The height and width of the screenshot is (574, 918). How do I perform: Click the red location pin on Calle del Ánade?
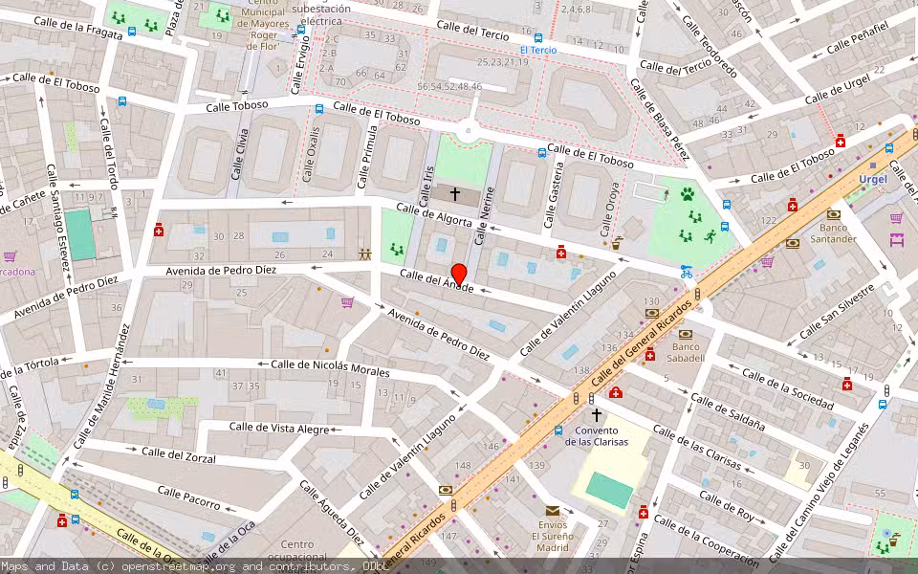click(x=458, y=275)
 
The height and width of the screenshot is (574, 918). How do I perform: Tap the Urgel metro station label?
click(x=872, y=179)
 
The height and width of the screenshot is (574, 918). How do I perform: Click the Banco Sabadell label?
click(x=688, y=352)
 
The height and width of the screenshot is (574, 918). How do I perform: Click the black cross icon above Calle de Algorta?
click(x=455, y=194)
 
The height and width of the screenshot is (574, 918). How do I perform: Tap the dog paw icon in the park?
click(x=687, y=194)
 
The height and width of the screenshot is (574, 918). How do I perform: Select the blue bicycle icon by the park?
click(x=685, y=272)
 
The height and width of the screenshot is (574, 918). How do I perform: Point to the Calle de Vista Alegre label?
click(x=279, y=428)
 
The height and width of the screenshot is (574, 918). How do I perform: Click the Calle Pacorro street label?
click(x=190, y=498)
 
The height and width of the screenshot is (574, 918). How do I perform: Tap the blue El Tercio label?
click(x=537, y=50)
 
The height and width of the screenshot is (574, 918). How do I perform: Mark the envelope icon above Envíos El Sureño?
click(x=552, y=511)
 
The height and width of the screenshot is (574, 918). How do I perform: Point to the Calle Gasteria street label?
click(x=552, y=201)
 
